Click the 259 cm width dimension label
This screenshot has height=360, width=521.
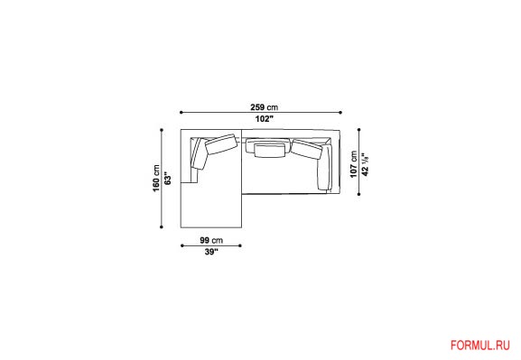[265, 107]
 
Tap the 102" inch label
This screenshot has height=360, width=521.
[265, 119]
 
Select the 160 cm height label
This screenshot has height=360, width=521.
[156, 178]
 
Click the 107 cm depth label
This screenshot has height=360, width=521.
[354, 164]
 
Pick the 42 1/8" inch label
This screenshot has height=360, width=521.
[365, 164]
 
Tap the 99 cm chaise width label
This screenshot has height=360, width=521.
[211, 240]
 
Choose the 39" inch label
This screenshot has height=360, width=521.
[211, 252]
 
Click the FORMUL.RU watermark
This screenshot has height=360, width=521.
[480, 346]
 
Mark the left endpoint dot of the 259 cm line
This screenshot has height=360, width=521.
[181, 113]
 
